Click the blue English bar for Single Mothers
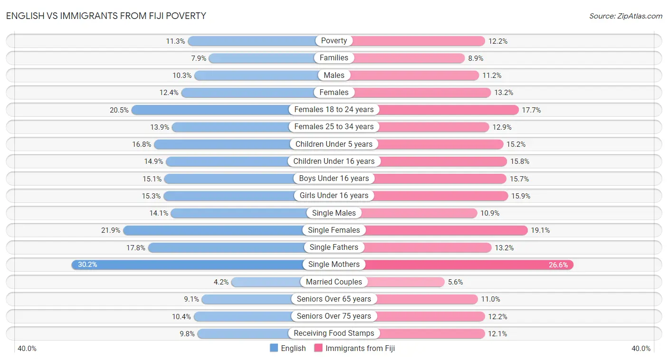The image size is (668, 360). coord(190,265)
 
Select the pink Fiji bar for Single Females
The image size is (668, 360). coord(447,230)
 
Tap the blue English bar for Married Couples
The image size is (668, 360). coord(266,282)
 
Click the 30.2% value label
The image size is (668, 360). coord(87,265)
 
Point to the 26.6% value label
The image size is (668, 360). coord(558,265)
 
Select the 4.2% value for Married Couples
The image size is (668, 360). coord(221,282)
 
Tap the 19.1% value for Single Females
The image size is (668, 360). coord(540,230)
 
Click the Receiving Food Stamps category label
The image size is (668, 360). coord(334,333)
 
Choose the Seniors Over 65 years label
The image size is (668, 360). coord(334,299)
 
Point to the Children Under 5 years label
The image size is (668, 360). coord(334,144)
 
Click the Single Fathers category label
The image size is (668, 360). coord(334,247)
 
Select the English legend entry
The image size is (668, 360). coord(288,348)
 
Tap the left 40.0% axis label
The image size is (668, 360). coord(27,349)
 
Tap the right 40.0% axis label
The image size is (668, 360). coord(641,349)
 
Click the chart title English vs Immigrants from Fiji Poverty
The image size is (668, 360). coord(106,16)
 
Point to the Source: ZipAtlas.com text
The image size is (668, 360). coord(626,16)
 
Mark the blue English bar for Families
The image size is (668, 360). coord(261,58)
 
